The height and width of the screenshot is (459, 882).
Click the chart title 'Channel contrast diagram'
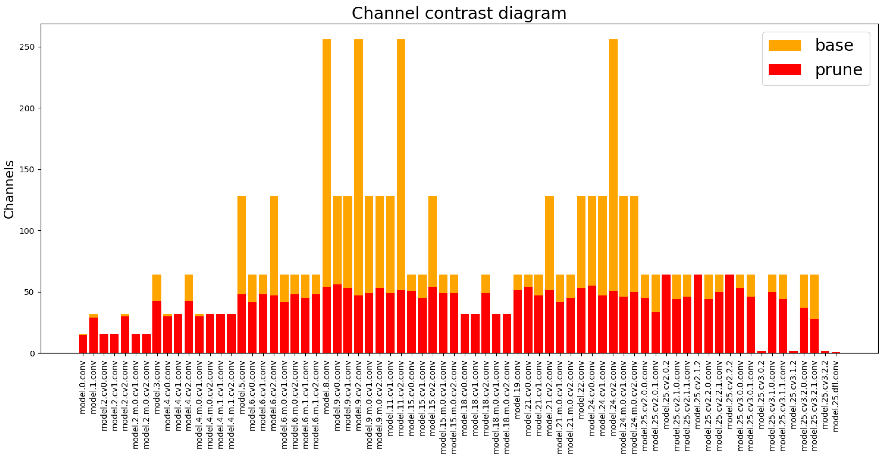tap(459, 14)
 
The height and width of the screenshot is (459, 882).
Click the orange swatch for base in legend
tap(785, 45)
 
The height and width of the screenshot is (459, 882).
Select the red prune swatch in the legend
tap(785, 70)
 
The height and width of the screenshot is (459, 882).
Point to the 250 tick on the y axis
tap(27, 47)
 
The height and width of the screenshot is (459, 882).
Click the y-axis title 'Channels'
tap(9, 189)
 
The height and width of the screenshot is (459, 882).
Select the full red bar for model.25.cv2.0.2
tap(666, 314)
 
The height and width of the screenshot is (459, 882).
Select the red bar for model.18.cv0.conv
tap(465, 333)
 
